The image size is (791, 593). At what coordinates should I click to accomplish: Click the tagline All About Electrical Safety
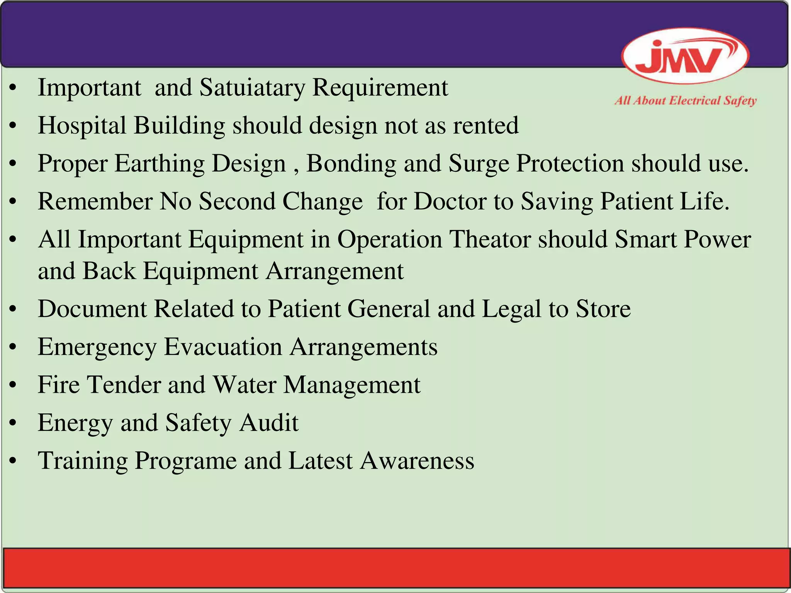pyautogui.click(x=685, y=101)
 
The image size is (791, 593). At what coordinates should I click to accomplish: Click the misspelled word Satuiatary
pyautogui.click(x=252, y=88)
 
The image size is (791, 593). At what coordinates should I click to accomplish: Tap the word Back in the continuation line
pyautogui.click(x=109, y=271)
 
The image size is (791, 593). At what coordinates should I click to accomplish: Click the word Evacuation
pyautogui.click(x=223, y=347)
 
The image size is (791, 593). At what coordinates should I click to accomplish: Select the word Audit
pyautogui.click(x=269, y=423)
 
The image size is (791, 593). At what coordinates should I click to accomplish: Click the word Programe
pyautogui.click(x=185, y=461)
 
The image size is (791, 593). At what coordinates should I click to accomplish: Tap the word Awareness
pyautogui.click(x=417, y=461)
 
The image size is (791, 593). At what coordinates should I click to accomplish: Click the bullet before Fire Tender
pyautogui.click(x=13, y=385)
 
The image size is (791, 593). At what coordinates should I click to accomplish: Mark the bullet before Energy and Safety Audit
pyautogui.click(x=13, y=423)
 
